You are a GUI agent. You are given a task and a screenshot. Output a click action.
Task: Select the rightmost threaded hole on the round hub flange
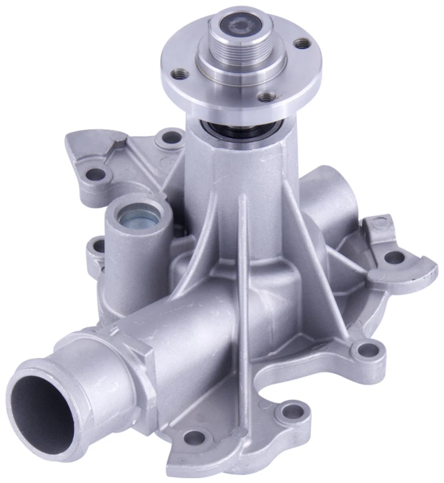coord(302,44)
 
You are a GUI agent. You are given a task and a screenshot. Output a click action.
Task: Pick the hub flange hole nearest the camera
coord(266,97)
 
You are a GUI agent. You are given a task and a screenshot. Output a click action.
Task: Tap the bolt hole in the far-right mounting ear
coord(394,257)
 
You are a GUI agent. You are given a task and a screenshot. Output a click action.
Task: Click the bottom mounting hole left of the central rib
coord(194,438)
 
